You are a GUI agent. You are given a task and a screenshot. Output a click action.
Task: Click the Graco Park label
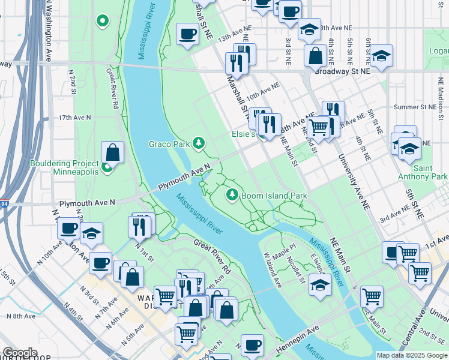[169, 144]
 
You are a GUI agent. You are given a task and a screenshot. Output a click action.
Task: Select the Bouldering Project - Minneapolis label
[65, 167]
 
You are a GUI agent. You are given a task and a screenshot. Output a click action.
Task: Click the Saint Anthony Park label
[423, 172]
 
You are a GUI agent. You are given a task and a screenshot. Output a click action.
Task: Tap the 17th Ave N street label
[74, 118]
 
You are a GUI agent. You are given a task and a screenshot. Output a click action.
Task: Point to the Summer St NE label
[414, 107]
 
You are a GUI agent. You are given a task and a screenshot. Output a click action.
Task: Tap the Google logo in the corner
[20, 353]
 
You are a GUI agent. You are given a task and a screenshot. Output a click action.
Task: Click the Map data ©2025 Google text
[412, 355]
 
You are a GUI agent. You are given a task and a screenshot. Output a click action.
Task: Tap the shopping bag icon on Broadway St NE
[315, 56]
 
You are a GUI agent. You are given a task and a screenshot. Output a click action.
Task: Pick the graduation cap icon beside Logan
[381, 56]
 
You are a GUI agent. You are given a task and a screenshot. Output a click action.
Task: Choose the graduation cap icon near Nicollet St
[321, 284]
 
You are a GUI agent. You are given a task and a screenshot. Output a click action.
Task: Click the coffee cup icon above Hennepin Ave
[253, 345]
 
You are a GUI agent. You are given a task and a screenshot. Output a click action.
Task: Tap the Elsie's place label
[244, 136]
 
